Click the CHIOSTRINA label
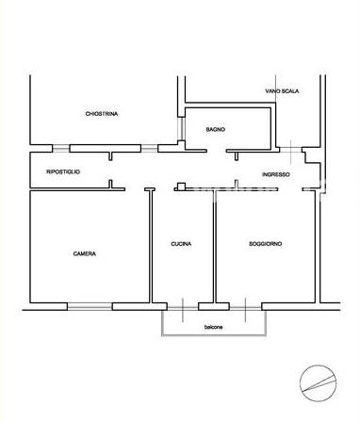click(x=102, y=114)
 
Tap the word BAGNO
click(x=216, y=129)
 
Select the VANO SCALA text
click(x=282, y=91)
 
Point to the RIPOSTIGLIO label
click(x=63, y=171)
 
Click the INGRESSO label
click(x=276, y=174)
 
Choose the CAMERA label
click(x=85, y=253)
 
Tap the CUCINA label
click(x=181, y=244)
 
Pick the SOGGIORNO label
click(x=265, y=244)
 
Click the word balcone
click(x=214, y=327)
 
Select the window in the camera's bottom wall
click(x=90, y=306)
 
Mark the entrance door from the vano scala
click(x=290, y=150)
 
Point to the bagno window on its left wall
click(x=181, y=129)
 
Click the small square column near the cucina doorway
click(x=181, y=187)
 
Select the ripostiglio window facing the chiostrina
click(x=60, y=148)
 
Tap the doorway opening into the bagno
click(x=217, y=151)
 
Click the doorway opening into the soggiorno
click(x=290, y=189)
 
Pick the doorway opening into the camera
click(x=135, y=189)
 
